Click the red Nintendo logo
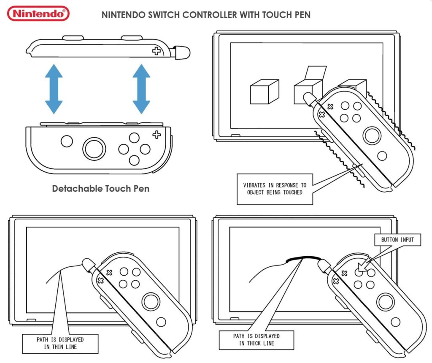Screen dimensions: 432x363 click(x=38, y=14)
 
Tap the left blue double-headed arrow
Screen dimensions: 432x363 click(x=54, y=89)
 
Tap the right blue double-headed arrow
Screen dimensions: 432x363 click(x=141, y=89)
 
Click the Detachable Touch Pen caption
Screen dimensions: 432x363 click(x=100, y=189)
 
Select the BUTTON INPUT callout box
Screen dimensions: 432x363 click(x=397, y=240)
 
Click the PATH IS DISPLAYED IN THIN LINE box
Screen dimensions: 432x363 click(x=60, y=344)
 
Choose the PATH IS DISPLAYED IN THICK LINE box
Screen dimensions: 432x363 click(x=256, y=340)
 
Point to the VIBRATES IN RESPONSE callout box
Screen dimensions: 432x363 click(x=275, y=189)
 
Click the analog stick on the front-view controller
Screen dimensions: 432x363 click(x=94, y=149)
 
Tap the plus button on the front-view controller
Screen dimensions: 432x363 click(x=157, y=135)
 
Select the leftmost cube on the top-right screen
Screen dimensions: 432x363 click(x=264, y=92)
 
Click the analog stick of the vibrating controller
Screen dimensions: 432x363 click(x=372, y=135)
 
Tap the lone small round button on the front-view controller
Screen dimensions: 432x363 click(x=67, y=141)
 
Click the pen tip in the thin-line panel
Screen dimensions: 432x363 click(x=88, y=264)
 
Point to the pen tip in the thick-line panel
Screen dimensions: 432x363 click(x=323, y=265)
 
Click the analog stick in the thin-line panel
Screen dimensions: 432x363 click(x=151, y=301)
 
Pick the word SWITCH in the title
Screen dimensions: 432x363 click(x=163, y=15)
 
